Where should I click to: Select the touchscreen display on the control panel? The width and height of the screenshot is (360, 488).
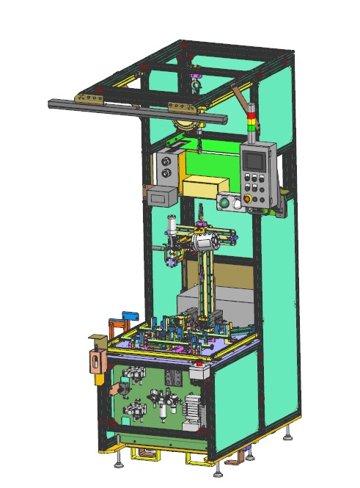tap(254, 157)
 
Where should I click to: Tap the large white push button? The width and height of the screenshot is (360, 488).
tap(226, 203)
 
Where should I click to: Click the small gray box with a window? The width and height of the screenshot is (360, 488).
tap(161, 195)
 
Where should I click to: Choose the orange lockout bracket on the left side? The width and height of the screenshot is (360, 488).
tap(95, 360)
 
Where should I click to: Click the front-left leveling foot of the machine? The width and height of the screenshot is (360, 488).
tap(118, 463)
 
